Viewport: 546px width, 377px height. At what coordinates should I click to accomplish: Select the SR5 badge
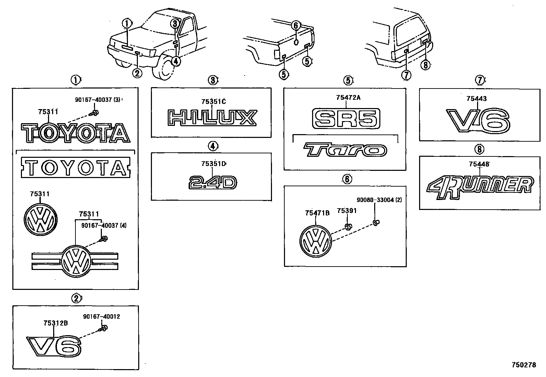(x=346, y=118)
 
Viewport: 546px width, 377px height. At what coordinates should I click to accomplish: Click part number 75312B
(x=55, y=323)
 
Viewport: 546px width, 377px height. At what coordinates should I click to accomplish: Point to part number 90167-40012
(x=102, y=317)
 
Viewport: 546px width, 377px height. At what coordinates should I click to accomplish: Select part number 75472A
(x=348, y=98)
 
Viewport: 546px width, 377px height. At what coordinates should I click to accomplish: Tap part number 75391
(x=346, y=211)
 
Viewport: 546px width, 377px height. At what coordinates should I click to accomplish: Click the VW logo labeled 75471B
(x=316, y=241)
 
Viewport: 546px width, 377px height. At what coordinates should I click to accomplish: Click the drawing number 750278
(x=524, y=365)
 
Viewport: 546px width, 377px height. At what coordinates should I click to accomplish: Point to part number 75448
(x=479, y=164)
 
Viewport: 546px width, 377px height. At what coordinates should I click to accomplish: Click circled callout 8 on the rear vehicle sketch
(x=425, y=64)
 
